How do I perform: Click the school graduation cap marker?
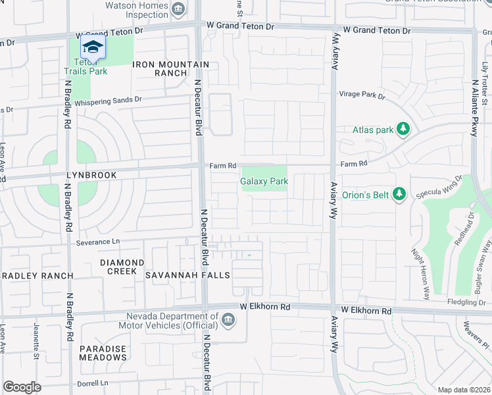93,47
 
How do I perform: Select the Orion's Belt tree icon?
397,194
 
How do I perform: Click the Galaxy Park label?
264,181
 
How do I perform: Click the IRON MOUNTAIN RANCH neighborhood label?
171,68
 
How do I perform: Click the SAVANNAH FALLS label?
187,275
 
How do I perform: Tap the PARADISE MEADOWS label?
103,352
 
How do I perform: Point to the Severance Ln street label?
98,242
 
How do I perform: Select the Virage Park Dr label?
362,95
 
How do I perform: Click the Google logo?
22,387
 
